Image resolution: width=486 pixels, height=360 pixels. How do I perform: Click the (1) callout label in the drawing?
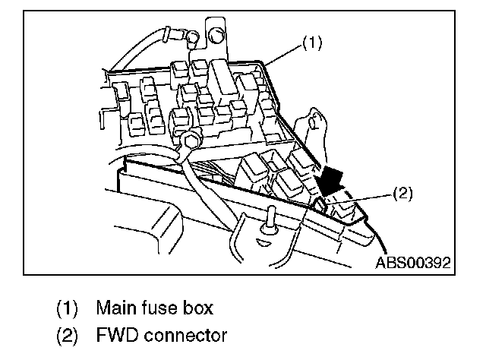[313, 44]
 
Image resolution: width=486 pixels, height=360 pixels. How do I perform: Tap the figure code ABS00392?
[413, 263]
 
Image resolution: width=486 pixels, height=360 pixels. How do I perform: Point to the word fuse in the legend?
[155, 309]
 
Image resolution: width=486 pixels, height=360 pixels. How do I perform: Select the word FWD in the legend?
[116, 335]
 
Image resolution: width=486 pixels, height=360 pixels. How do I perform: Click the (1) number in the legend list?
[67, 309]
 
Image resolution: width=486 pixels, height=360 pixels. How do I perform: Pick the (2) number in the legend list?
[67, 335]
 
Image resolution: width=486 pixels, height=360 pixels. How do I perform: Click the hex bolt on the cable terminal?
[190, 138]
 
